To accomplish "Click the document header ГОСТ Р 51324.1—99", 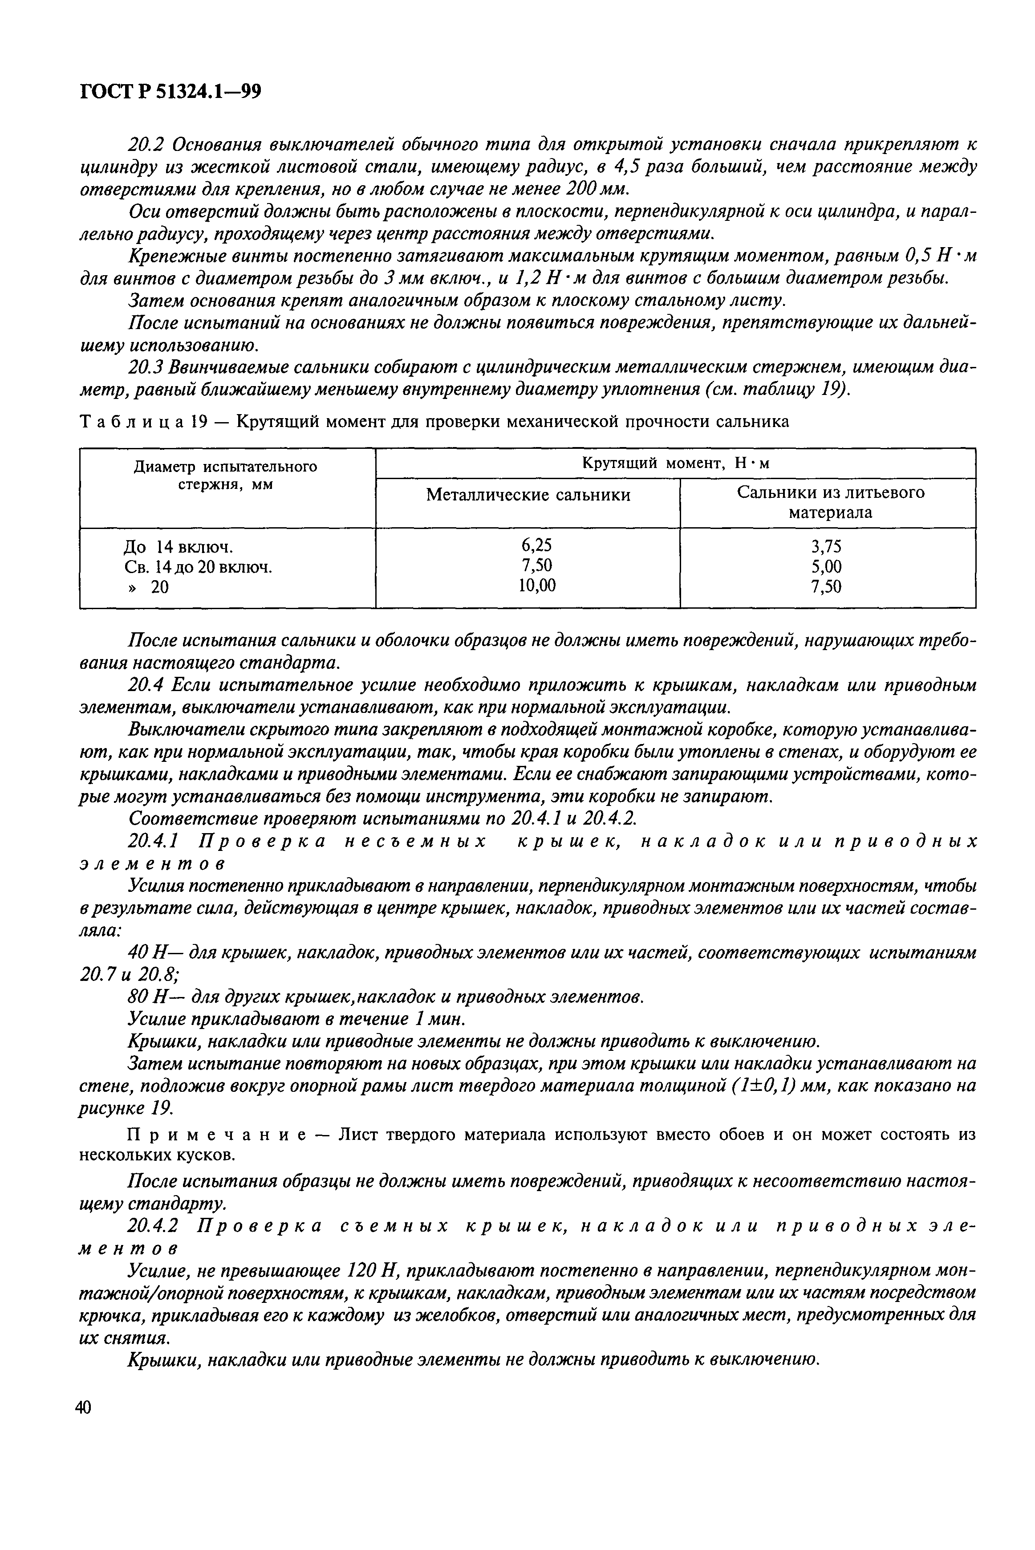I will click(x=170, y=92).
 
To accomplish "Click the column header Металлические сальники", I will click(x=528, y=495).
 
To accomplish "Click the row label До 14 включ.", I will click(x=178, y=547).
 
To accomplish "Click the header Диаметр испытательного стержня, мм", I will click(x=226, y=475).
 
